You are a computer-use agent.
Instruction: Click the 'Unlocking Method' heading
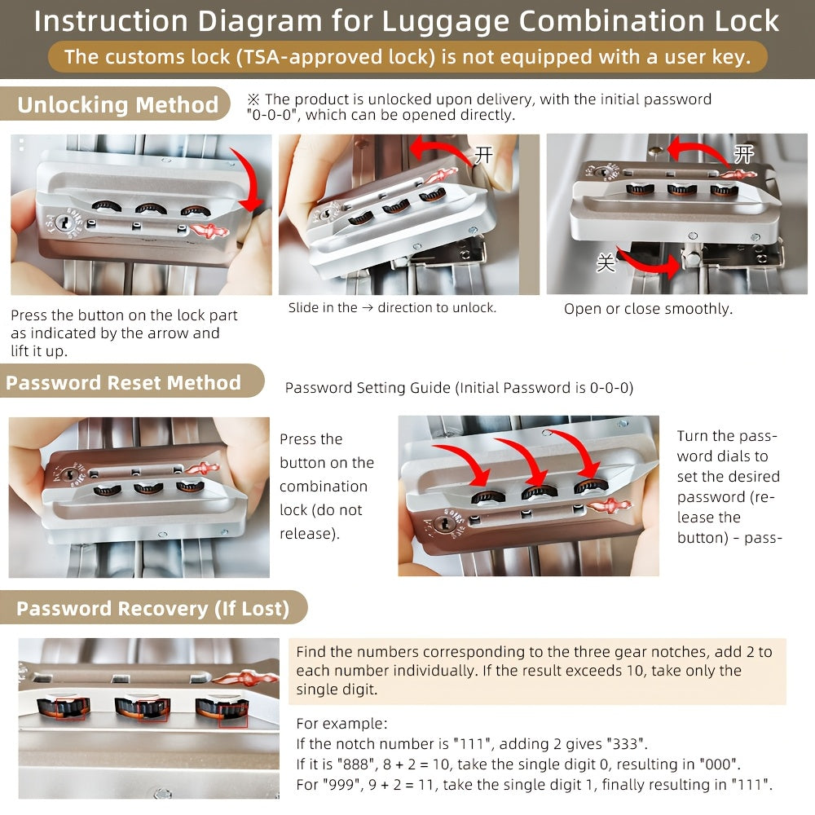point(117,105)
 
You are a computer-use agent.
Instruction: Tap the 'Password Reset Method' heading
point(123,382)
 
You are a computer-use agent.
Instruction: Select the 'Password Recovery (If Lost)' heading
point(152,608)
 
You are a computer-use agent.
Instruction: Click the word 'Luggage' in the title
point(443,21)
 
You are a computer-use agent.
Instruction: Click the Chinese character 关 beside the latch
point(606,263)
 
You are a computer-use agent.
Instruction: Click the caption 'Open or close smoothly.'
point(648,309)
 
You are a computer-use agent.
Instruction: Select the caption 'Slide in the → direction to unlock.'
point(392,308)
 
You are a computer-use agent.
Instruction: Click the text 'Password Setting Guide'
point(368,388)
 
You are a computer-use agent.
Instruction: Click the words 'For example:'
point(342,724)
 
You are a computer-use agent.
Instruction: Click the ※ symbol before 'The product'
point(253,99)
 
